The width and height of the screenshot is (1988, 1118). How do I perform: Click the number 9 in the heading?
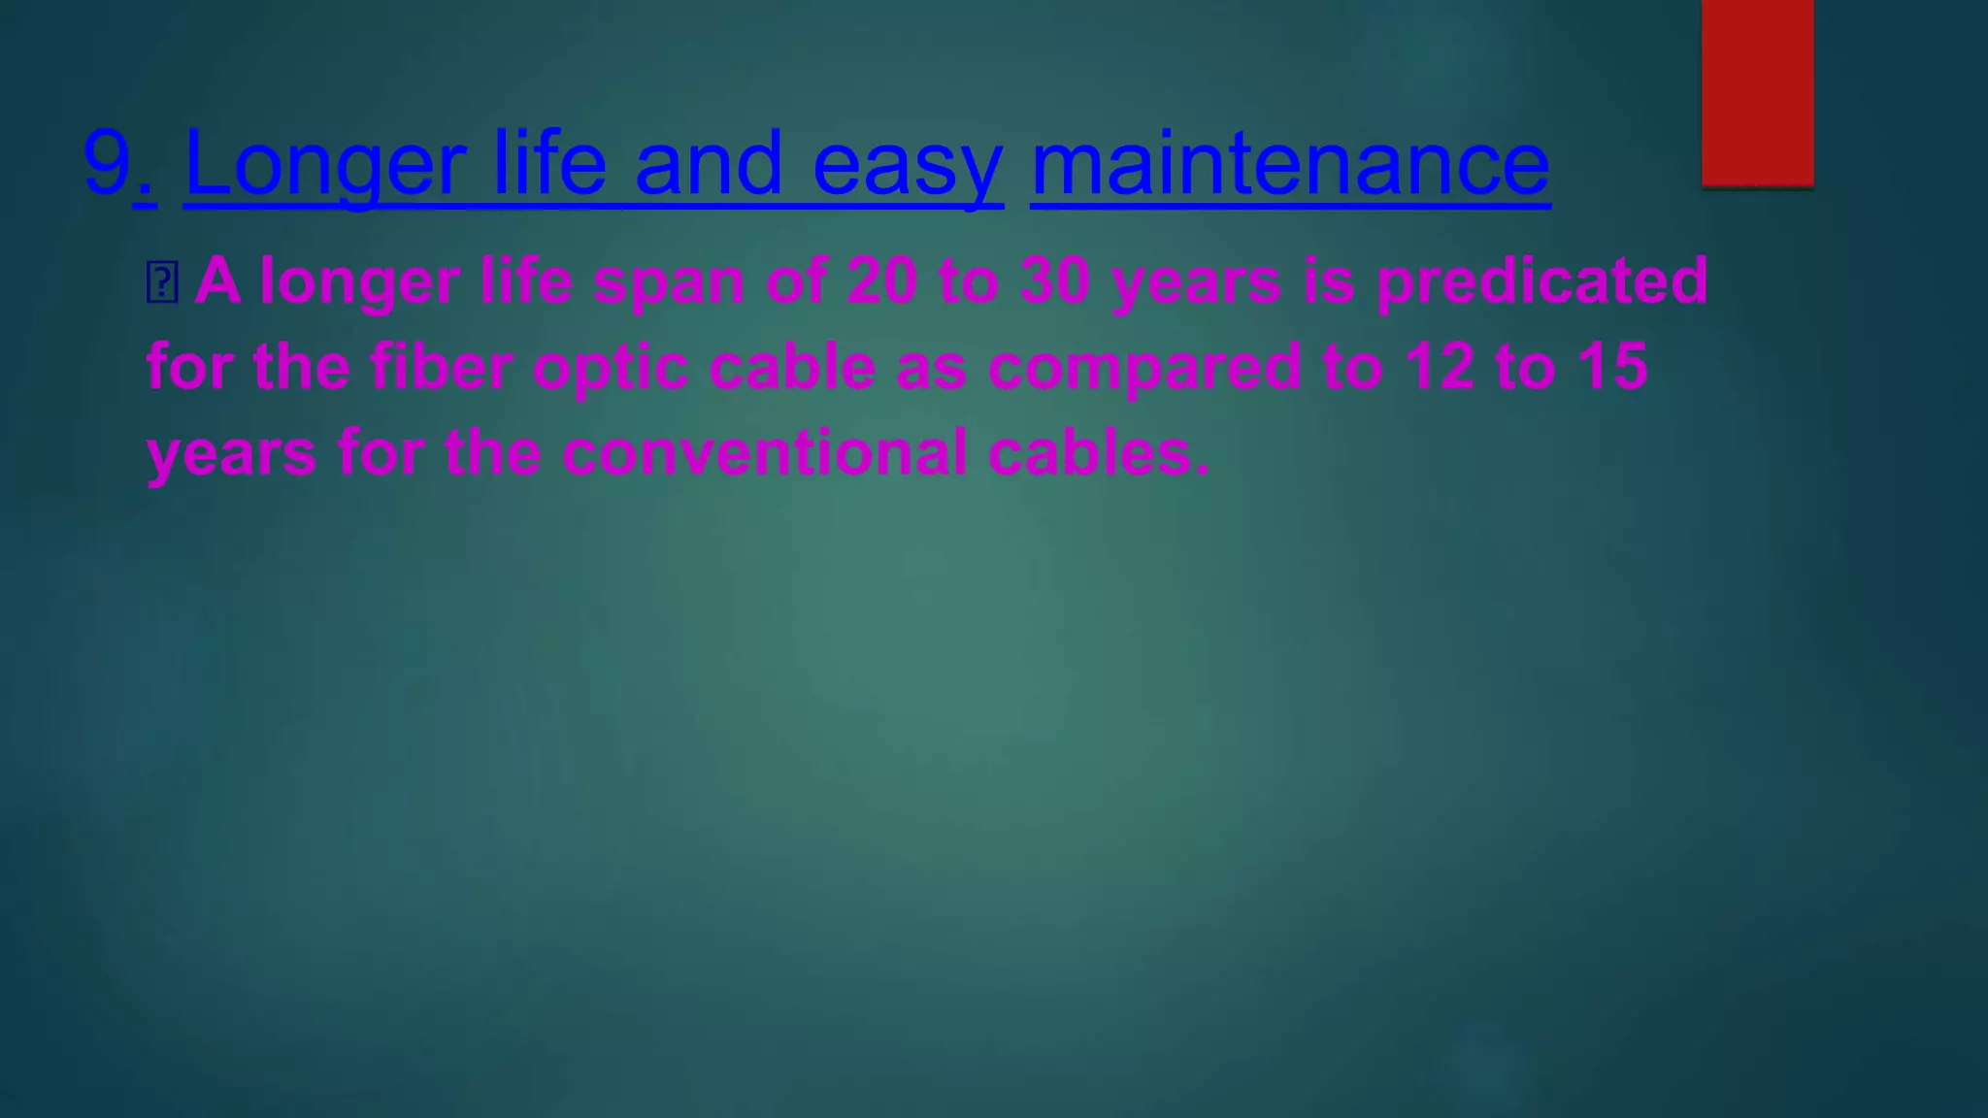(x=107, y=163)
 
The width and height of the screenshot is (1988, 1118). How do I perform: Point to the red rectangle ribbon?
(x=1757, y=92)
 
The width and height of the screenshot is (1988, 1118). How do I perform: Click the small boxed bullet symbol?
(x=161, y=283)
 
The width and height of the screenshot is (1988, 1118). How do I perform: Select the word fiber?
(x=441, y=367)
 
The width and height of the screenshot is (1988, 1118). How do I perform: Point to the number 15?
(x=1612, y=367)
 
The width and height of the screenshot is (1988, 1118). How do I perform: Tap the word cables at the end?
(x=1098, y=452)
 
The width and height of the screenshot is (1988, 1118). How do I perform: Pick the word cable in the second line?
(x=792, y=367)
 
